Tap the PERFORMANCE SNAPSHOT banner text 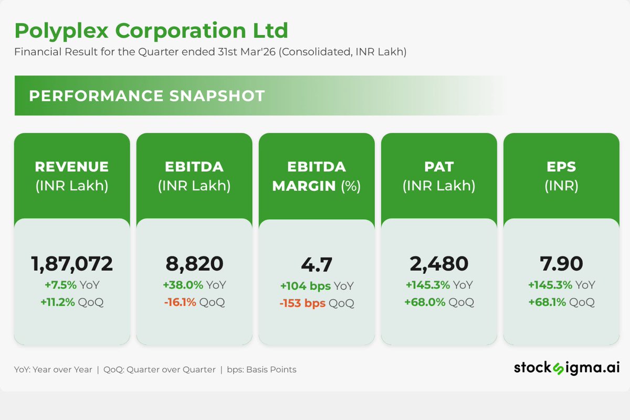pyautogui.click(x=147, y=96)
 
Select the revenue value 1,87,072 pyautogui.click(x=72, y=264)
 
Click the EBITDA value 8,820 pyautogui.click(x=194, y=264)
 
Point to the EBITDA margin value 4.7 pyautogui.click(x=317, y=265)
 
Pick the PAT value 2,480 pyautogui.click(x=439, y=264)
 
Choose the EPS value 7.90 pyautogui.click(x=561, y=264)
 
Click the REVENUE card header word pyautogui.click(x=72, y=167)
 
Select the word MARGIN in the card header pyautogui.click(x=304, y=186)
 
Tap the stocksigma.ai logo pyautogui.click(x=566, y=368)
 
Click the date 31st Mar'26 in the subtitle pyautogui.click(x=247, y=52)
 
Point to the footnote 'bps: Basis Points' pyautogui.click(x=261, y=370)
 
